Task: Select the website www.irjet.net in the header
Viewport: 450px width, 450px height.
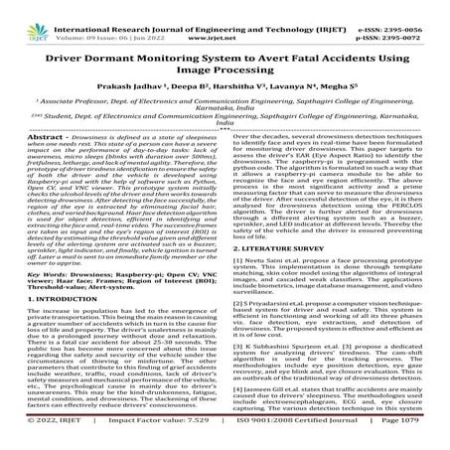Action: (223, 19)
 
